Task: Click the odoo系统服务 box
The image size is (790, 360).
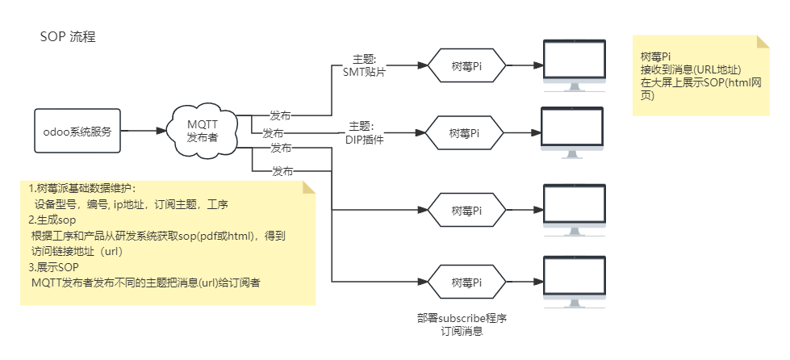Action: (77, 132)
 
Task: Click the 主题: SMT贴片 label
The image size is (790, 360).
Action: (365, 65)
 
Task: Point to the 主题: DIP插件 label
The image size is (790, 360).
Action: (364, 132)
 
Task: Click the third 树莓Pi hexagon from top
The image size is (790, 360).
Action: (466, 210)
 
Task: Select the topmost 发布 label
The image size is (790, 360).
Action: (281, 115)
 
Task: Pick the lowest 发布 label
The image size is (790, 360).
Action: (282, 171)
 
